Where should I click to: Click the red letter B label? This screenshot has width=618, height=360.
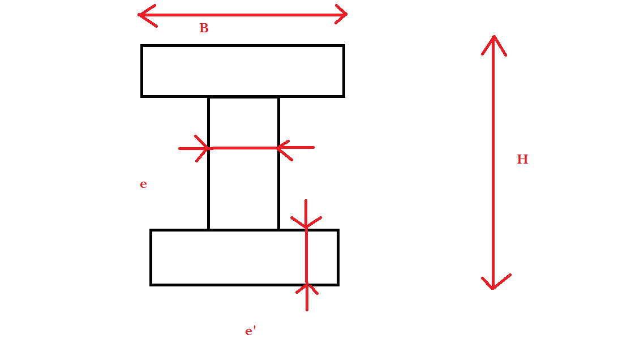pyautogui.click(x=204, y=28)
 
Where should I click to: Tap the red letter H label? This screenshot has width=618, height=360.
pyautogui.click(x=522, y=160)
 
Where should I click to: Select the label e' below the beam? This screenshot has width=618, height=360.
pyautogui.click(x=250, y=331)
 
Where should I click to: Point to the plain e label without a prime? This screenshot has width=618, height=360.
pyautogui.click(x=143, y=185)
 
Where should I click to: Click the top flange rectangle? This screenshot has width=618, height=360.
pyautogui.click(x=243, y=71)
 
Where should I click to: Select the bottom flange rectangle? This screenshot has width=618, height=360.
pyautogui.click(x=226, y=258)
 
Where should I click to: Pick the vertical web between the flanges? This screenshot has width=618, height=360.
pyautogui.click(x=243, y=187)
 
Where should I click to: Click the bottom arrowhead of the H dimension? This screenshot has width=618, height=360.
pyautogui.click(x=493, y=284)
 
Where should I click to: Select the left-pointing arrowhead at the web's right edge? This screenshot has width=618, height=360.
pyautogui.click(x=282, y=148)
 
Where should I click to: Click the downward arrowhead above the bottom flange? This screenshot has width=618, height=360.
pyautogui.click(x=306, y=223)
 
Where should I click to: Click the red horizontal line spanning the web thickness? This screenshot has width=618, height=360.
pyautogui.click(x=244, y=148)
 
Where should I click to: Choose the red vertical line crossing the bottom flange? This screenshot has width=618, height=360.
pyautogui.click(x=306, y=257)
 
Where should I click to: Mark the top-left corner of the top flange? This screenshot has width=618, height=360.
pyautogui.click(x=142, y=46)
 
